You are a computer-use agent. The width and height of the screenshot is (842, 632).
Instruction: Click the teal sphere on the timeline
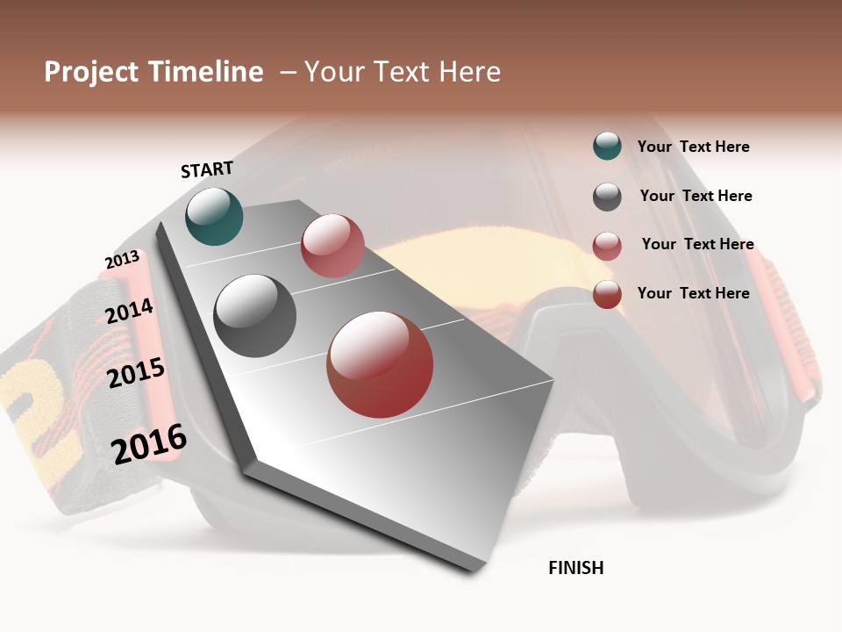click(214, 216)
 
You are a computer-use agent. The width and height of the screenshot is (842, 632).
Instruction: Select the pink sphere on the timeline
click(332, 245)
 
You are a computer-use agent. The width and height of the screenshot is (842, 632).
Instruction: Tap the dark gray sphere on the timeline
click(255, 316)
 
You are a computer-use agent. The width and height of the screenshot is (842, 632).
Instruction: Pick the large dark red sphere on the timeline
click(380, 364)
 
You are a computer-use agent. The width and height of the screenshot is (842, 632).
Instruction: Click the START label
click(207, 169)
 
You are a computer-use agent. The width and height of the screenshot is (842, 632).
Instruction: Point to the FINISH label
click(576, 568)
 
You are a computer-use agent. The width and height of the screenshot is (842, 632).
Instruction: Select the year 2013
click(122, 260)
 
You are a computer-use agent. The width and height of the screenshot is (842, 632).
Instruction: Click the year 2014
click(129, 312)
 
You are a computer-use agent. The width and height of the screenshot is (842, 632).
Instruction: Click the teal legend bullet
click(607, 146)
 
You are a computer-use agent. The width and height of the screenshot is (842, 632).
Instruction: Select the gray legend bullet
click(607, 197)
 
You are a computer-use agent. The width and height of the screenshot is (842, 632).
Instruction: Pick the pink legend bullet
click(607, 246)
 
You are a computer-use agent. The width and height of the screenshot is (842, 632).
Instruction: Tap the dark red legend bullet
click(607, 294)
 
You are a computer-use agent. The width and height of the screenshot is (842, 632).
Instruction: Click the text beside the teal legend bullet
click(694, 147)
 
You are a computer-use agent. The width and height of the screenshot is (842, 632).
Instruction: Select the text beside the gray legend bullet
click(696, 196)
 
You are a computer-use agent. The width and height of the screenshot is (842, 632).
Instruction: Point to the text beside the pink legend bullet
click(698, 244)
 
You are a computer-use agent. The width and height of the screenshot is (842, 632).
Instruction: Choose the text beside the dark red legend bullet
click(694, 293)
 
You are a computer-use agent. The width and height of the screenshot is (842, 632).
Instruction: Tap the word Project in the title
click(90, 72)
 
